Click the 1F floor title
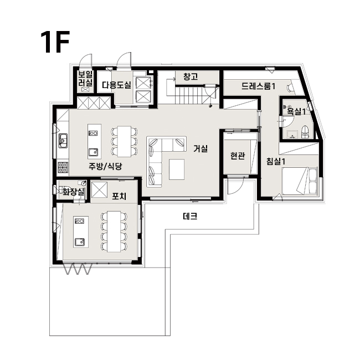click(55, 42)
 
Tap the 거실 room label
click(200, 148)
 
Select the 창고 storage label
click(191, 76)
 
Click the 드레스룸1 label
click(258, 86)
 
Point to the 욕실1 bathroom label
click(296, 111)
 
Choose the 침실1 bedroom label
click(276, 161)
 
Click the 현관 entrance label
click(238, 156)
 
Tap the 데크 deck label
click(190, 216)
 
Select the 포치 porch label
click(119, 196)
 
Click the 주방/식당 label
click(105, 166)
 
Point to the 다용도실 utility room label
click(116, 85)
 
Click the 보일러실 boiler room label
click(85, 79)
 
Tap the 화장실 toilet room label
click(74, 192)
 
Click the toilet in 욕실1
click(305, 132)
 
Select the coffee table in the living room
click(177, 169)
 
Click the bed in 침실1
click(300, 181)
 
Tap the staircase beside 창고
click(189, 95)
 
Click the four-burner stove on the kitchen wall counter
click(63, 167)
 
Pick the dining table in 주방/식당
click(124, 141)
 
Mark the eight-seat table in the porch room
click(114, 232)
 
